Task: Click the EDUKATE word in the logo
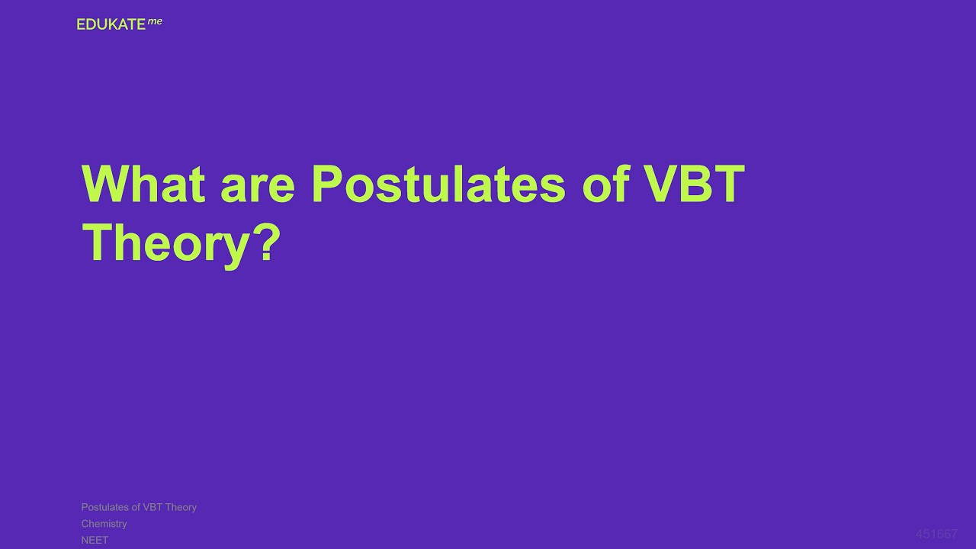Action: tap(111, 24)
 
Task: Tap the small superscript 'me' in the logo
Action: tap(155, 21)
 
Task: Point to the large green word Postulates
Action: tap(438, 184)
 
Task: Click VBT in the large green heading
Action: tap(694, 184)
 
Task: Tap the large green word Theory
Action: tap(165, 244)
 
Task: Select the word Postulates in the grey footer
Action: tap(104, 507)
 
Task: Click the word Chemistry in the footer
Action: tap(104, 524)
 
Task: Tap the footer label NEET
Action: tap(95, 540)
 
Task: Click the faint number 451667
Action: tap(936, 534)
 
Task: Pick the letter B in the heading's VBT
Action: tap(694, 184)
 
